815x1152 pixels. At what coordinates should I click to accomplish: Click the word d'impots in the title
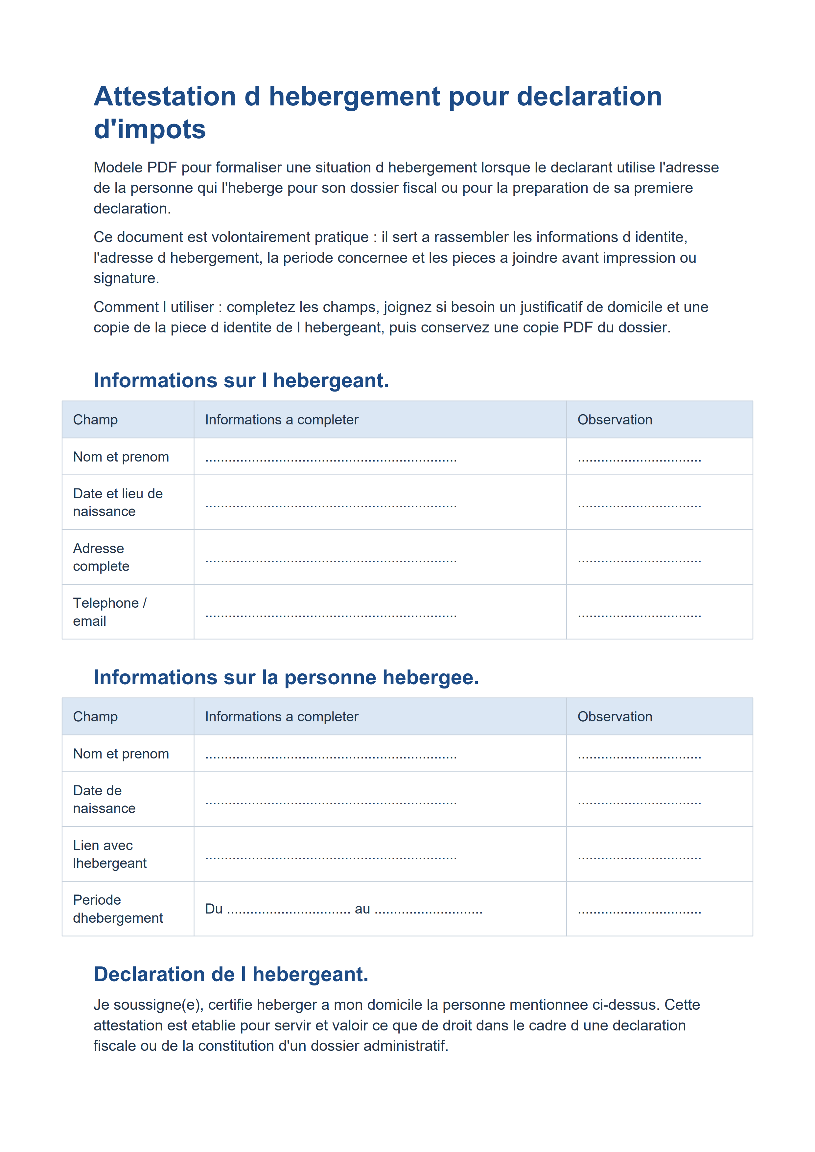150,129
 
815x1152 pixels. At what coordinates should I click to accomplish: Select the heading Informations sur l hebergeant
241,380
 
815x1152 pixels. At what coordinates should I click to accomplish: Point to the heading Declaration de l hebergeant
231,974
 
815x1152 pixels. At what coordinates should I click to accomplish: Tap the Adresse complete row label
101,557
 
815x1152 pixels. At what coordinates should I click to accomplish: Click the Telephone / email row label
109,612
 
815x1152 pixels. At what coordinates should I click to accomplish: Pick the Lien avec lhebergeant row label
109,854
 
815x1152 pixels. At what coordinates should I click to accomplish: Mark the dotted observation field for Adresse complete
639,560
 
